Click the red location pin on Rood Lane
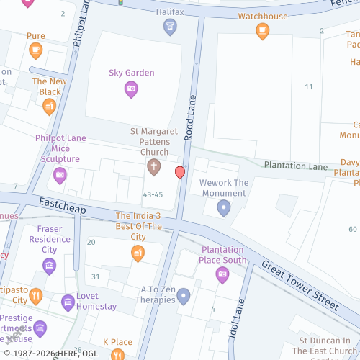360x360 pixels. pyautogui.click(x=180, y=172)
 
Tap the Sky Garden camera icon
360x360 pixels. pyautogui.click(x=131, y=89)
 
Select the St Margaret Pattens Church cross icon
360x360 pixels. pyautogui.click(x=153, y=167)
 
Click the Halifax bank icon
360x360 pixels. pyautogui.click(x=170, y=28)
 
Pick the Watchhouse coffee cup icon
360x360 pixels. pyautogui.click(x=263, y=30)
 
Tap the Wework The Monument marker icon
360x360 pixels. pyautogui.click(x=224, y=208)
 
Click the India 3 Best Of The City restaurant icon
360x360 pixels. pyautogui.click(x=138, y=252)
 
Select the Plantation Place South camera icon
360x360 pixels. pyautogui.click(x=222, y=274)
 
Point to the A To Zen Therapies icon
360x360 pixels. pyautogui.click(x=184, y=296)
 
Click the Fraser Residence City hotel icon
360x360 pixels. pyautogui.click(x=49, y=266)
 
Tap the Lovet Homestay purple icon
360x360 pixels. pyautogui.click(x=68, y=301)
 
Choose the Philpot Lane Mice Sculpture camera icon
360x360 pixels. pyautogui.click(x=60, y=174)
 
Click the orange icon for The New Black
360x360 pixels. pyautogui.click(x=50, y=107)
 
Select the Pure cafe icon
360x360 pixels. pyautogui.click(x=36, y=50)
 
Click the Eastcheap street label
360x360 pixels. pyautogui.click(x=62, y=207)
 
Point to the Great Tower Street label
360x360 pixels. pyautogui.click(x=300, y=285)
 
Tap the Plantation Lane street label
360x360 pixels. pyautogui.click(x=295, y=166)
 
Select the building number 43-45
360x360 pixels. pyautogui.click(x=153, y=194)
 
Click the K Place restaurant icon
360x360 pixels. pyautogui.click(x=117, y=354)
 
